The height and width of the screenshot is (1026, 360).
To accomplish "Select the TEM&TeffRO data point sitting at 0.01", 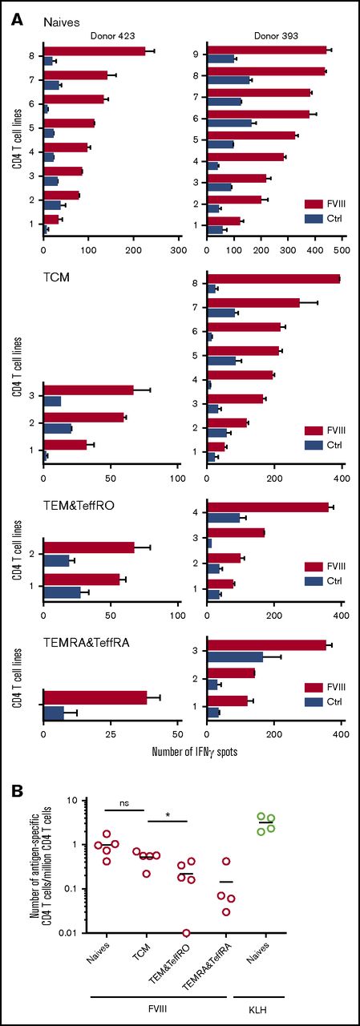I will pyautogui.click(x=187, y=933).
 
